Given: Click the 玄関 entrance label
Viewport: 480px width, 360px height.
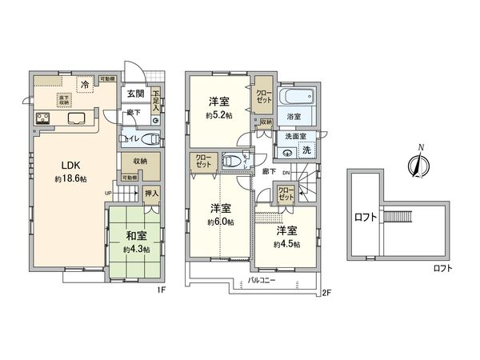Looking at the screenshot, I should point(134,94).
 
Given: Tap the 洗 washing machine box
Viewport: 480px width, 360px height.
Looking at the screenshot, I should point(306,150).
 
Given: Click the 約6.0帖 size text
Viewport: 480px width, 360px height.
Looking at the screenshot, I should point(221,222).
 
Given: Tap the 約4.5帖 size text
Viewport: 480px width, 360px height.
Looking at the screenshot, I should point(286,245).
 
